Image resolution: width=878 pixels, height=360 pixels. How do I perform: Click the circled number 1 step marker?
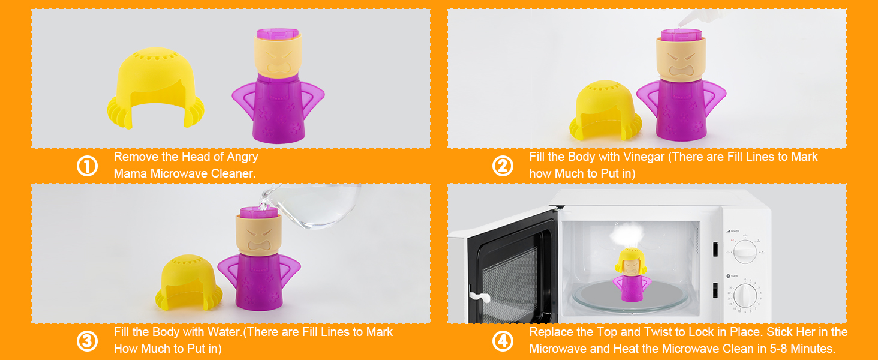(x=87, y=166)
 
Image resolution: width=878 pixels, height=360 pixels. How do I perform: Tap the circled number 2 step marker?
(x=503, y=166)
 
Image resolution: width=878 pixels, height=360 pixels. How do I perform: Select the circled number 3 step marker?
(x=87, y=341)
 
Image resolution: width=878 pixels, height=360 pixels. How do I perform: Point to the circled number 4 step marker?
(x=503, y=341)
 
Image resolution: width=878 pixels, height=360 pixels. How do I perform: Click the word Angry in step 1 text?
(x=242, y=157)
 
